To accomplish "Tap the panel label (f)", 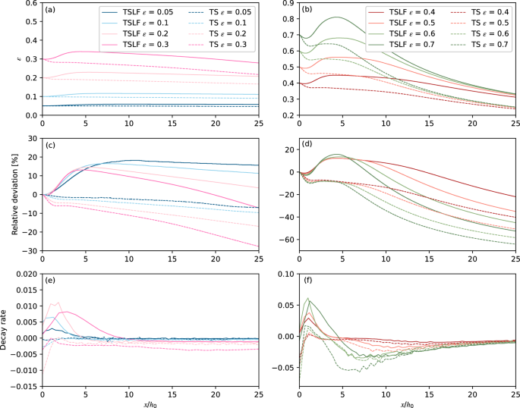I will point(309,280).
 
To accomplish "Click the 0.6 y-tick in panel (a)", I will point(31,3).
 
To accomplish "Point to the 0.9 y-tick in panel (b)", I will point(288,3).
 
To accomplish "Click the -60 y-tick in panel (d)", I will point(286,240).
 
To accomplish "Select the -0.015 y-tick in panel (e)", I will point(22,385).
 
